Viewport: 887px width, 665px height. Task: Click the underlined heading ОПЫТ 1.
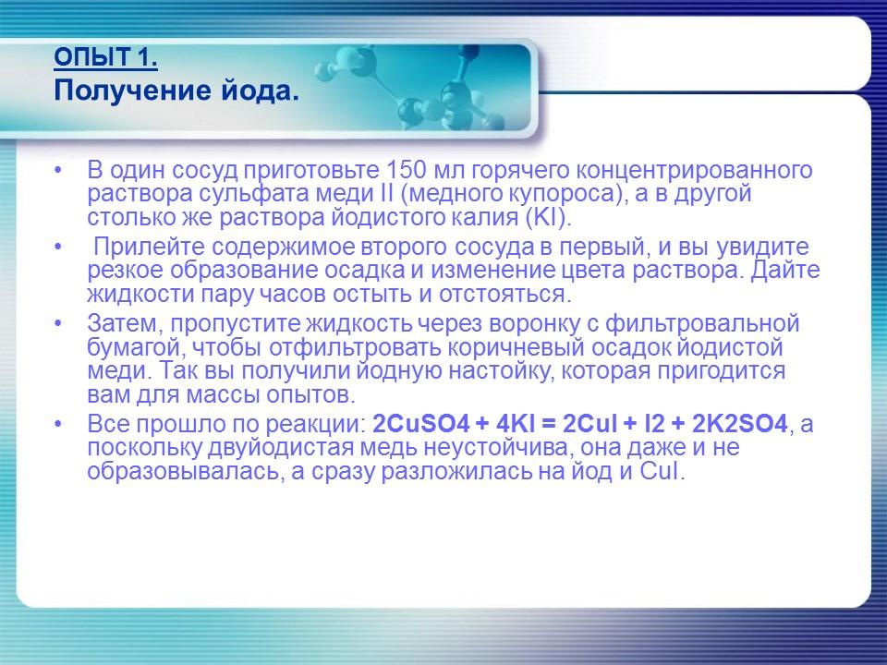[105, 60]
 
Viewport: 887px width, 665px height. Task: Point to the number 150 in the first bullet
[401, 172]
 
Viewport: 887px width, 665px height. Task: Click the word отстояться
[509, 295]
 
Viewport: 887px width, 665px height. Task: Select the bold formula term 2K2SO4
[739, 425]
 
